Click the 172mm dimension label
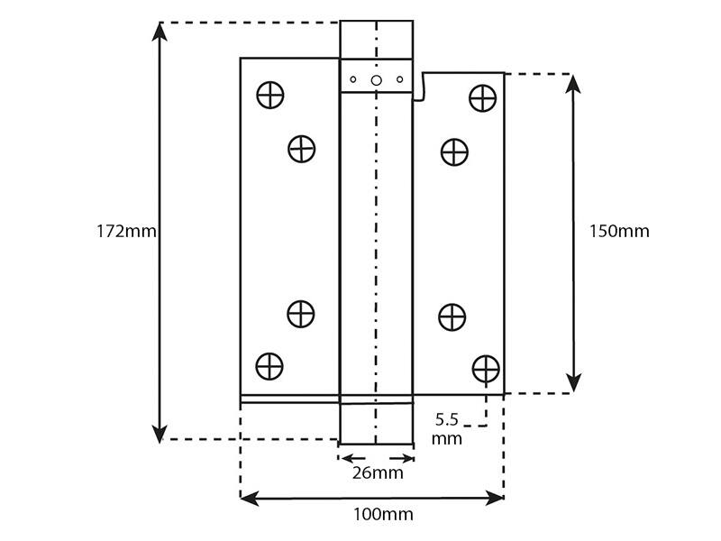point(126,231)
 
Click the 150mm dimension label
point(619,231)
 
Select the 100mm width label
point(383,514)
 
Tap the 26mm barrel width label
point(378,472)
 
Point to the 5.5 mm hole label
point(447,429)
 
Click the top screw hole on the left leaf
point(270,96)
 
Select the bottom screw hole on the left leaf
point(269,367)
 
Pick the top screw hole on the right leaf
point(483,98)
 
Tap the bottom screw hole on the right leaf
point(486,369)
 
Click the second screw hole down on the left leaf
point(302,149)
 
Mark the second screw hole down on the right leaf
point(455,151)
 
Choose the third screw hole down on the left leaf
point(301,314)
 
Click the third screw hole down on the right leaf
point(452,317)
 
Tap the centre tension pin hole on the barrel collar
point(376,80)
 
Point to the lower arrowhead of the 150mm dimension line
point(573,382)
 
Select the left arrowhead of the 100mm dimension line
point(250,499)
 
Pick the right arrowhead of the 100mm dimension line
point(494,499)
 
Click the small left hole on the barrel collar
point(353,79)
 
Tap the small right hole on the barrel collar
point(399,79)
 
